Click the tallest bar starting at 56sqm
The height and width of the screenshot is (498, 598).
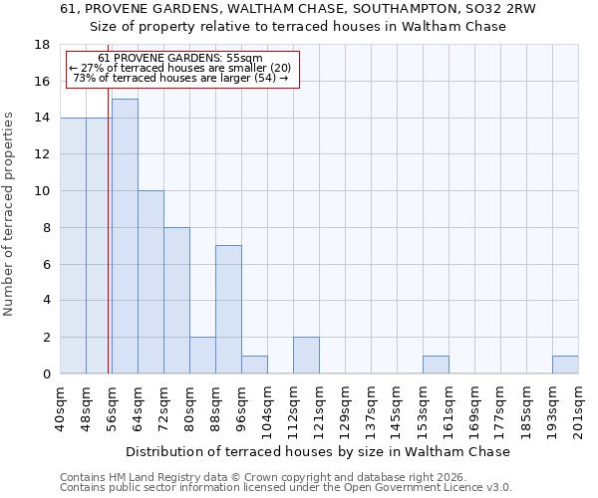click(125, 236)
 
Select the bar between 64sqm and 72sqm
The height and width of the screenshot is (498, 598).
click(150, 282)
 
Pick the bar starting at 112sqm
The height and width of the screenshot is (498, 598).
click(306, 356)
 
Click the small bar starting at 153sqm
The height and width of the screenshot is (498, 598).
click(436, 365)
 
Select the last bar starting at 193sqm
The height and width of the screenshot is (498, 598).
click(565, 365)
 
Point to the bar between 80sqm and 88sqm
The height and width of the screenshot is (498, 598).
click(202, 356)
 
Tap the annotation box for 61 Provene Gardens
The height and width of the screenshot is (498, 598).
click(182, 69)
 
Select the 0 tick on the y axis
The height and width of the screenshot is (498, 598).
click(47, 374)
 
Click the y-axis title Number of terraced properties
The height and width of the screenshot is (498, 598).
click(10, 214)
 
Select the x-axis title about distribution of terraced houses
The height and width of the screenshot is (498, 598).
click(319, 451)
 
